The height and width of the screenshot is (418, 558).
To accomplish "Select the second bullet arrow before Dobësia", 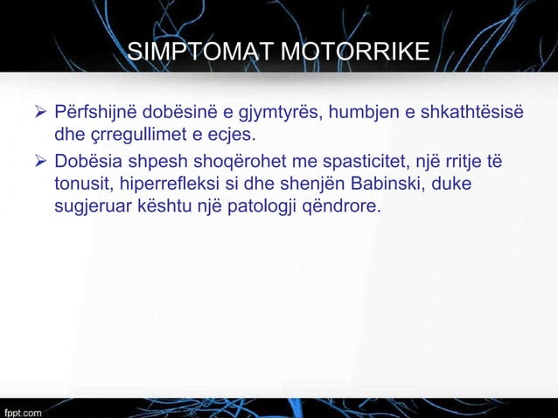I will pyautogui.click(x=38, y=164).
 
